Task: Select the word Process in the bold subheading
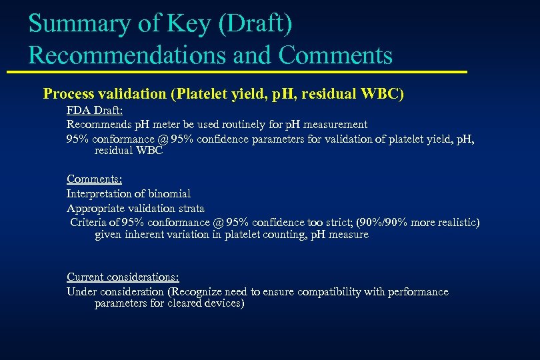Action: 70,94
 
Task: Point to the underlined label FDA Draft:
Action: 93,110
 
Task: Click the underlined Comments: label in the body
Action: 93,179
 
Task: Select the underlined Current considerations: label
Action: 123,277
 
